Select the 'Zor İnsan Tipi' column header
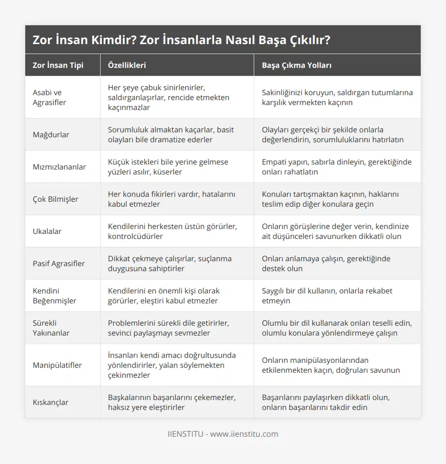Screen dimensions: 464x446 pyautogui.click(x=58, y=65)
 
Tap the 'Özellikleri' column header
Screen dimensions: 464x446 pyautogui.click(x=127, y=65)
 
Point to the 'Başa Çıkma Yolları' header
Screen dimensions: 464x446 pyautogui.click(x=296, y=65)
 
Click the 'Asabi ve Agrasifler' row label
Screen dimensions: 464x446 pyautogui.click(x=50, y=97)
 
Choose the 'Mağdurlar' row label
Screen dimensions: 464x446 pyautogui.click(x=51, y=134)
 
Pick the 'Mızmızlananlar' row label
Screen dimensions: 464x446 pyautogui.click(x=59, y=167)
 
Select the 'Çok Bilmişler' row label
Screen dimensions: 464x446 pyautogui.click(x=55, y=199)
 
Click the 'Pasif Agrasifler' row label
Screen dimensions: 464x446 pyautogui.click(x=58, y=263)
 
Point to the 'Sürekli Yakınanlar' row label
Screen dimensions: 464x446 pyautogui.click(x=52, y=328)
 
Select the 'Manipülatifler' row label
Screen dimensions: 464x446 pyautogui.click(x=57, y=365)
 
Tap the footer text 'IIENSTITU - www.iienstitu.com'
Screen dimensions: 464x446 pyautogui.click(x=223, y=434)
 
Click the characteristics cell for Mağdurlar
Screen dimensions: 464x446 pyautogui.click(x=171, y=134)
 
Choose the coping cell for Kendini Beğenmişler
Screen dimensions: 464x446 pyautogui.click(x=332, y=295)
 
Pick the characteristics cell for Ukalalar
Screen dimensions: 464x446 pyautogui.click(x=172, y=231)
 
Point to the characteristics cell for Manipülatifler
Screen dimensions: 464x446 pyautogui.click(x=172, y=365)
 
